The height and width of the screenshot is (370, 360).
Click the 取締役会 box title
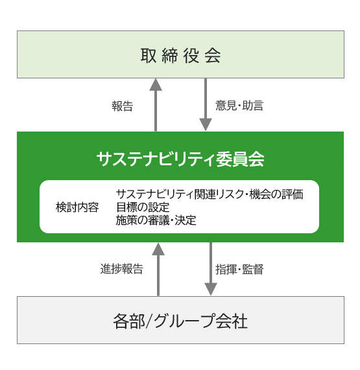point(180,56)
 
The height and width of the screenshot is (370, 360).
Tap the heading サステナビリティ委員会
point(180,159)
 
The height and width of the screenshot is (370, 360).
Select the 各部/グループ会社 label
point(180,321)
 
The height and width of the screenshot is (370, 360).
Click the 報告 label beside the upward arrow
point(123,106)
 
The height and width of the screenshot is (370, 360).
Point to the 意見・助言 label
point(239,106)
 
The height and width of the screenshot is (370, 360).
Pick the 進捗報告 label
point(122,269)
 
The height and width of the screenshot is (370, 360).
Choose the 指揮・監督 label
point(239,270)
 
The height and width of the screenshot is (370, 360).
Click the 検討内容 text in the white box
point(77,207)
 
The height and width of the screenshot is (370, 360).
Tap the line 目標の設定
point(143,207)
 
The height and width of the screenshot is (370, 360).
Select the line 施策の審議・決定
point(156,220)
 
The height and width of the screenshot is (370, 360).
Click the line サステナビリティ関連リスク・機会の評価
point(210,194)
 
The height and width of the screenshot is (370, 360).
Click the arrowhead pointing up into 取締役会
point(156,84)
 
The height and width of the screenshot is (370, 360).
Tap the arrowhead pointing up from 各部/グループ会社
point(158,249)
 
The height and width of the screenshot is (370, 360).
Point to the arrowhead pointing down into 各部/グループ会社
point(210,289)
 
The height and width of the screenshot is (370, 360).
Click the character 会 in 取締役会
point(213,56)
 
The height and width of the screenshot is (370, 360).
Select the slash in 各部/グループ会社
point(149,321)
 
